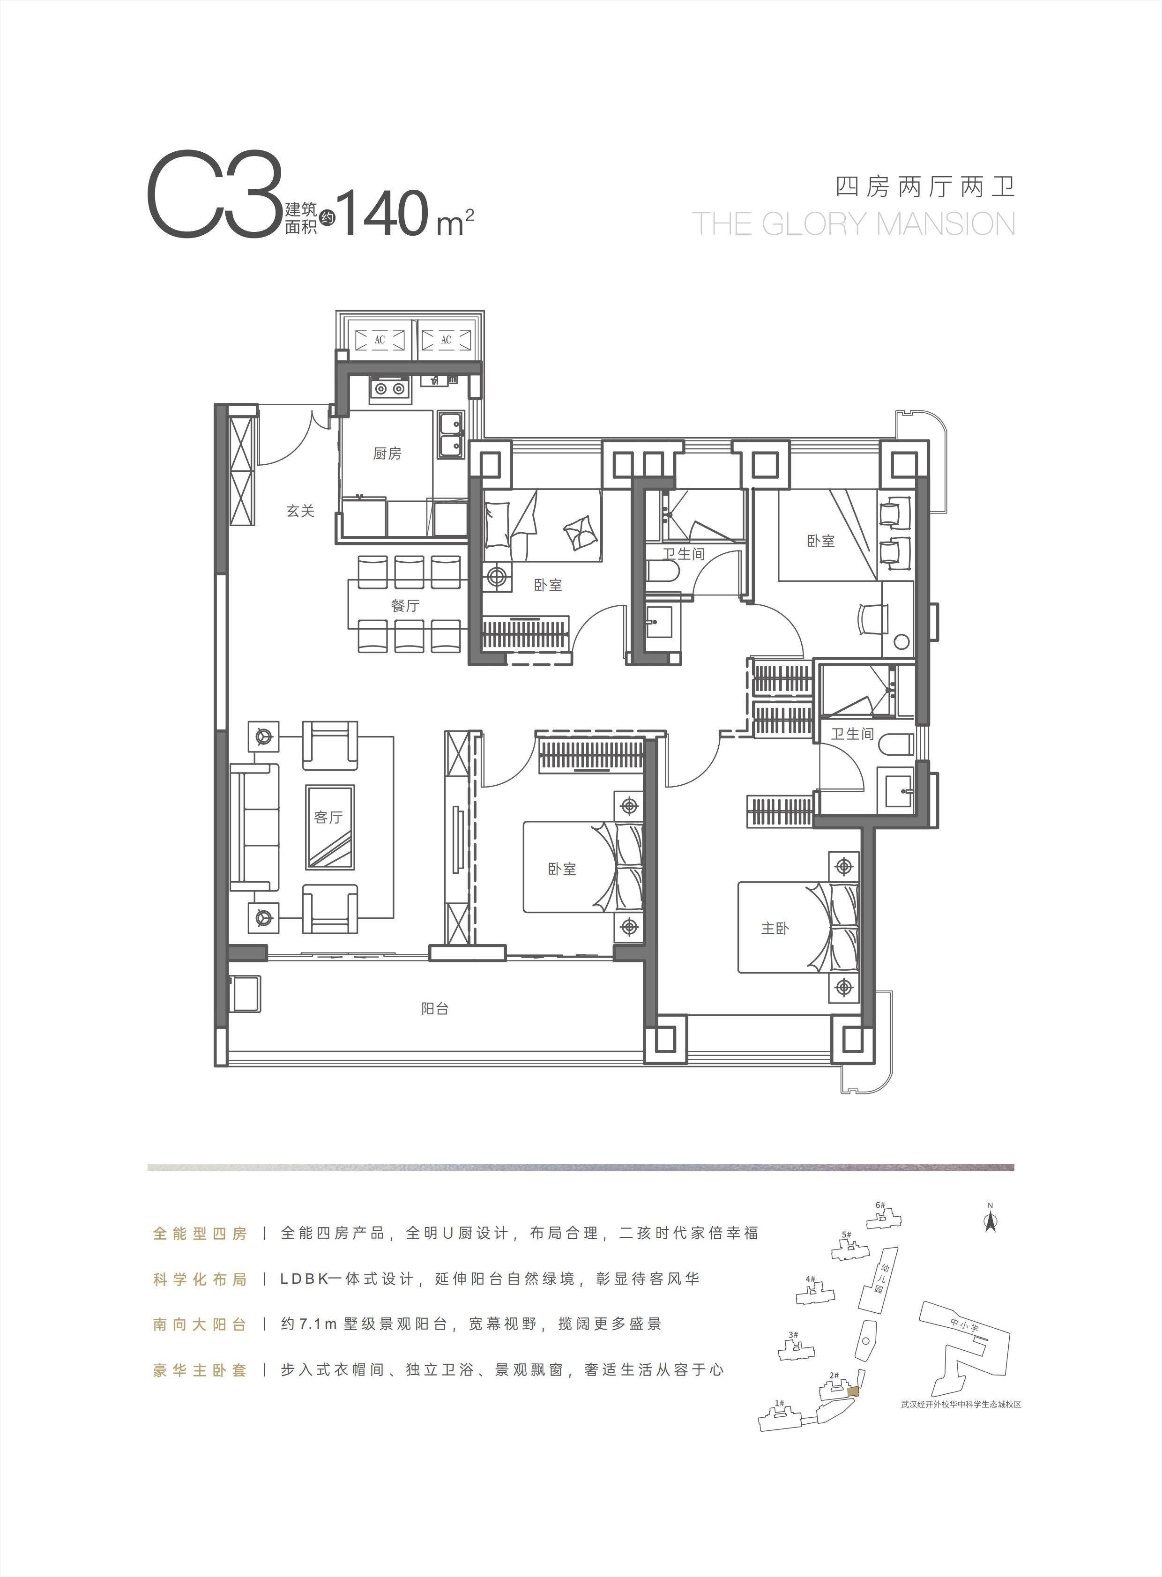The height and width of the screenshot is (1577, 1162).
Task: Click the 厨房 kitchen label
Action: [387, 454]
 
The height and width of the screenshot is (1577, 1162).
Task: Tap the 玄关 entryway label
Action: [300, 511]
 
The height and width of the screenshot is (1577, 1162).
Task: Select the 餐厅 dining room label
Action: [405, 606]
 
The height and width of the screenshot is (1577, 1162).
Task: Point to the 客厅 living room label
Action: [328, 817]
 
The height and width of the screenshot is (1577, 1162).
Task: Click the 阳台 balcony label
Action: [435, 1008]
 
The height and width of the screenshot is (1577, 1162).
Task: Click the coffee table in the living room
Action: [329, 827]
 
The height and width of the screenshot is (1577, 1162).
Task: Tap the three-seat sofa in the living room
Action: [254, 827]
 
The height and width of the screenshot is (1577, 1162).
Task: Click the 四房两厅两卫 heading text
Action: [926, 187]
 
